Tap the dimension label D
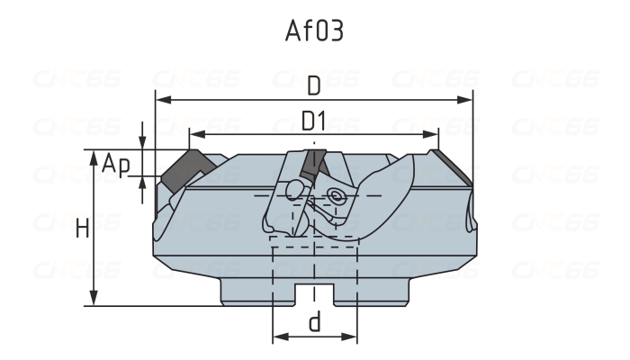click(x=314, y=86)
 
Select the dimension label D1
click(x=314, y=121)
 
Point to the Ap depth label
click(x=115, y=165)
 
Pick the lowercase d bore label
click(x=314, y=321)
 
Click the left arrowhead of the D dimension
click(x=161, y=99)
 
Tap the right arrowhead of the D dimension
click(x=467, y=99)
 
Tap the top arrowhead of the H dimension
click(x=94, y=157)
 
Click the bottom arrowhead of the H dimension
click(x=94, y=300)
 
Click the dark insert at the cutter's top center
click(x=314, y=164)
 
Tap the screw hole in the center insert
click(x=337, y=194)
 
